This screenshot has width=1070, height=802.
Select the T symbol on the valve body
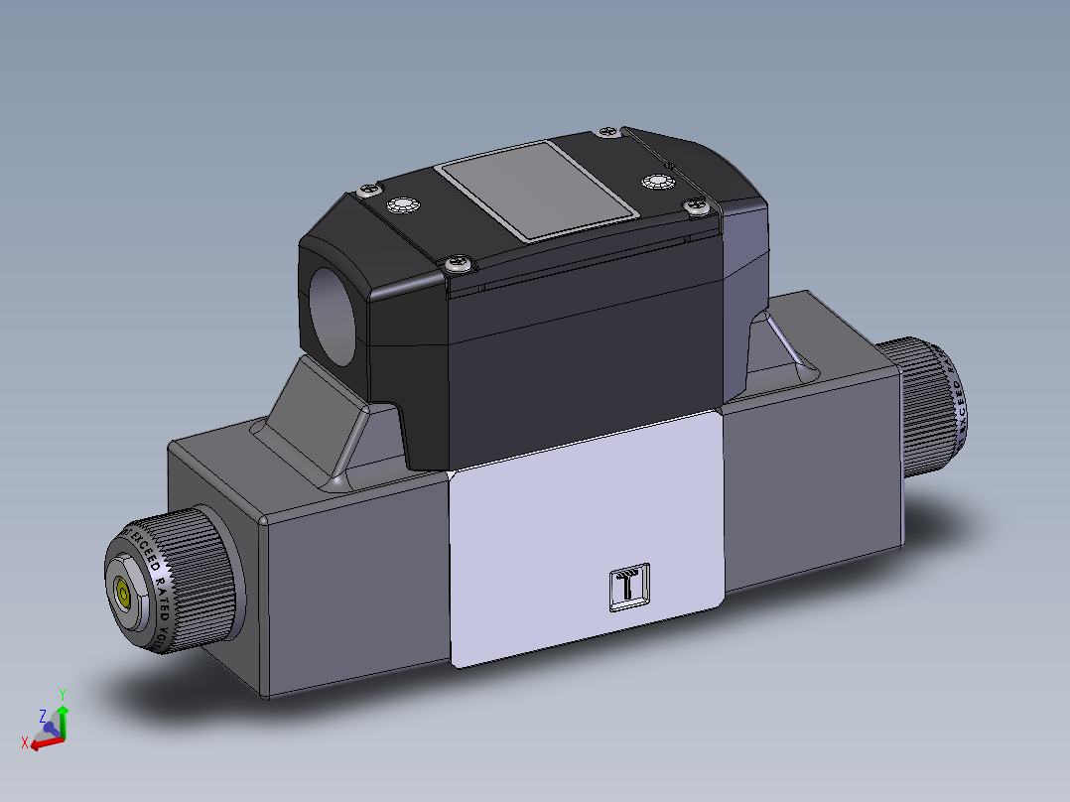point(629,589)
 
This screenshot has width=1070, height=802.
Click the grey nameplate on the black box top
point(537,190)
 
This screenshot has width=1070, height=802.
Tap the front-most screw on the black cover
point(460,263)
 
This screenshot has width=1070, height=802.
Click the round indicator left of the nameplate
point(402,206)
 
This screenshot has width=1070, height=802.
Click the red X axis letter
point(24,740)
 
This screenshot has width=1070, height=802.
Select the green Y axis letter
point(62,693)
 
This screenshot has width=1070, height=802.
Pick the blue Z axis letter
point(42,715)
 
